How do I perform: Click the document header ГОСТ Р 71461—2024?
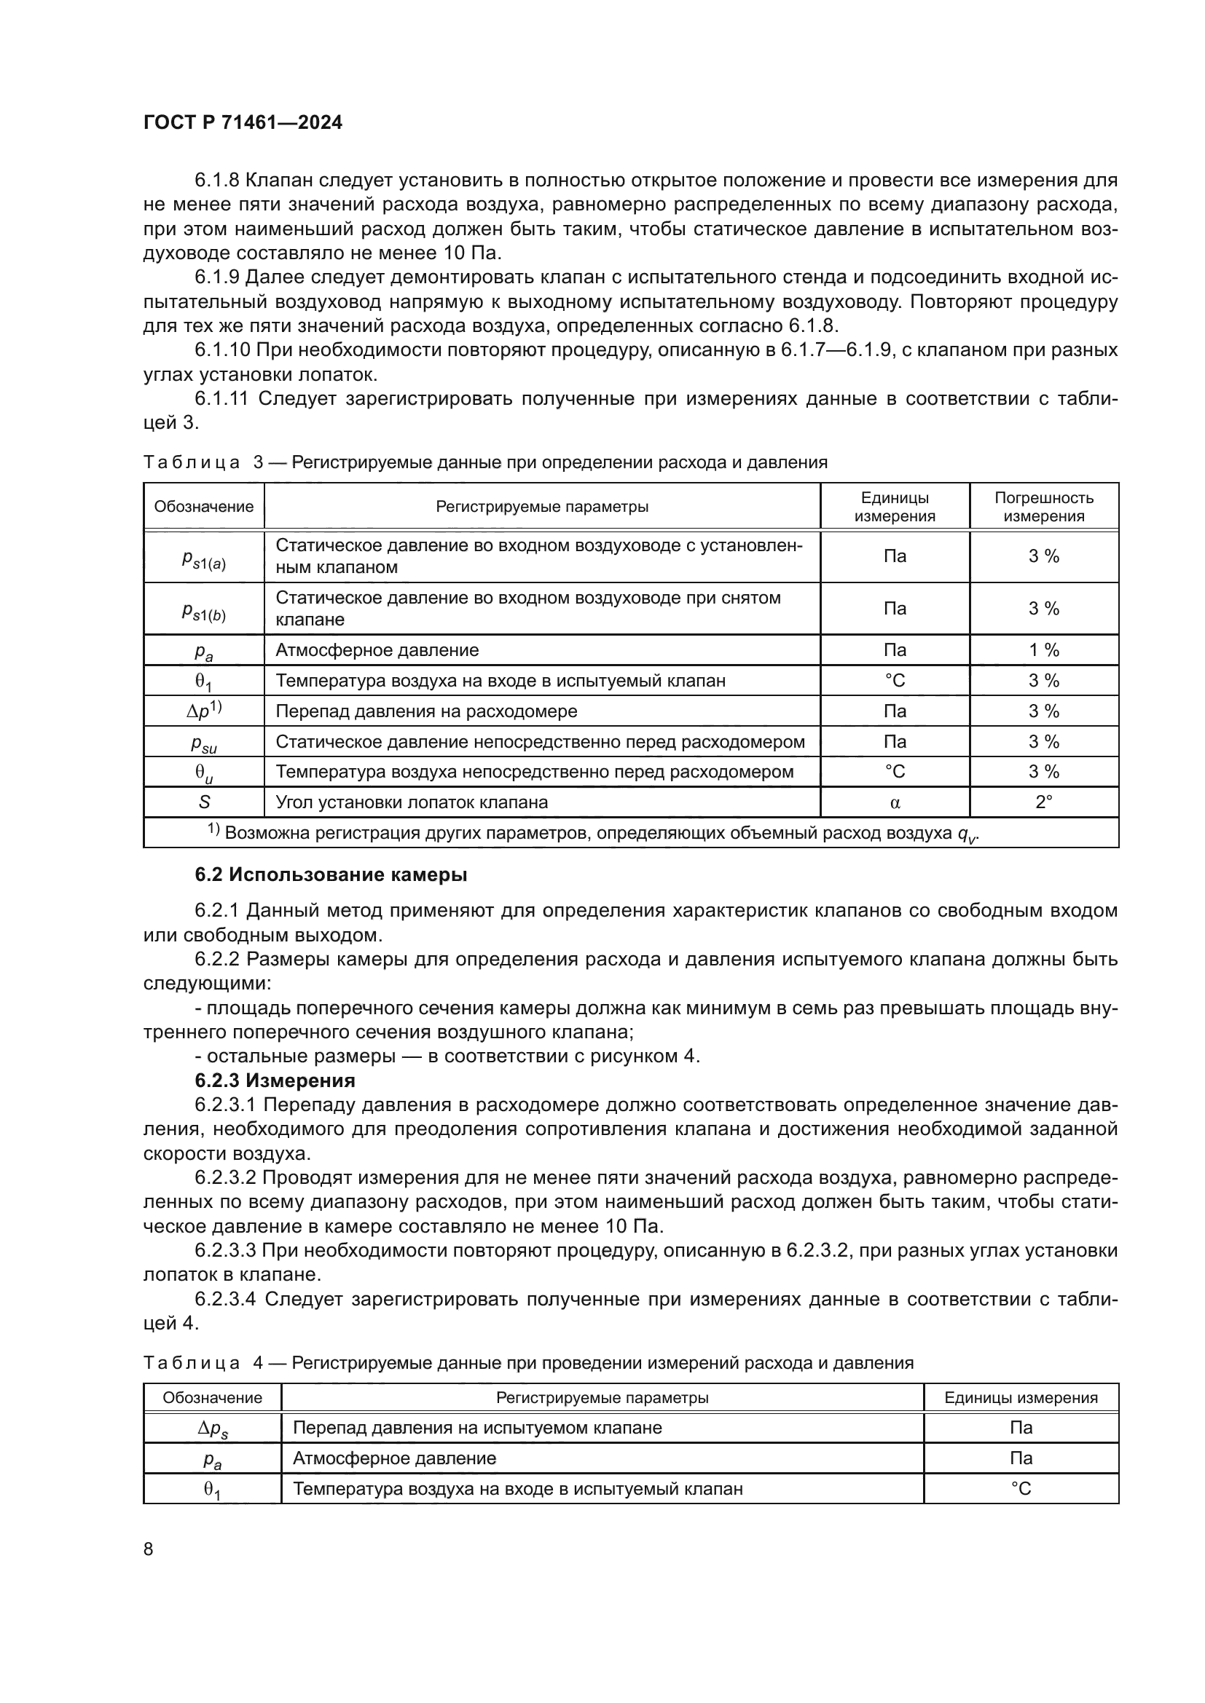[243, 122]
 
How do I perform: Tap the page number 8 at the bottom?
[149, 1549]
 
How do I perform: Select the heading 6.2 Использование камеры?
[331, 874]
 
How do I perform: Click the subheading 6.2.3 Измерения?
[275, 1080]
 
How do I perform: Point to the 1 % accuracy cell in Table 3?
[1043, 649]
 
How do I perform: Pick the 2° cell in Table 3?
[1043, 802]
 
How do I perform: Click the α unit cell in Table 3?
[895, 802]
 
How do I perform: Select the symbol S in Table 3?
[204, 802]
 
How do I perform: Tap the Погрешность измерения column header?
[1043, 507]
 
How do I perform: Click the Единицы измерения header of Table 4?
[1020, 1397]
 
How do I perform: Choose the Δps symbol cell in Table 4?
[212, 1429]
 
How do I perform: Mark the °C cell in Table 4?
[1020, 1489]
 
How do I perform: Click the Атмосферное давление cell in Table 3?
[377, 649]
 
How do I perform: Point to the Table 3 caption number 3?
[258, 462]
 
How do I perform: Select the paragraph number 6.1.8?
[216, 181]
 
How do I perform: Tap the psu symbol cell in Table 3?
[204, 742]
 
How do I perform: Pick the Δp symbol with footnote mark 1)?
[204, 711]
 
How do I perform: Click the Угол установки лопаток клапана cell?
[412, 802]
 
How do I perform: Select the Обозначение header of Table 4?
[212, 1397]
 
